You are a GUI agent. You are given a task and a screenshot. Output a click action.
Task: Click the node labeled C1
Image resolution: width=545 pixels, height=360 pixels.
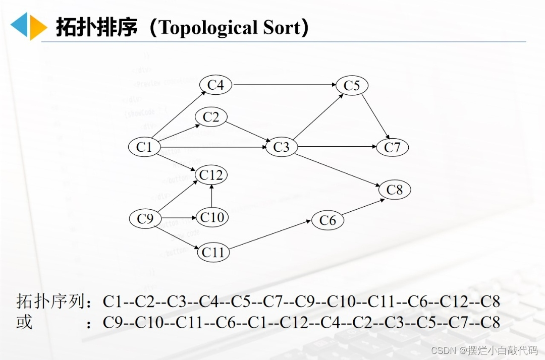point(144,147)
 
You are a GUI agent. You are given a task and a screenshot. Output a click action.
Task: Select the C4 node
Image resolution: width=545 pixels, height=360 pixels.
point(215,85)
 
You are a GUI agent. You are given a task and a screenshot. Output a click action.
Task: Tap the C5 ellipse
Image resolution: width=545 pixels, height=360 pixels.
point(352,86)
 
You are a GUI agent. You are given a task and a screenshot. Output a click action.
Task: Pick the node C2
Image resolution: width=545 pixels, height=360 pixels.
point(211,117)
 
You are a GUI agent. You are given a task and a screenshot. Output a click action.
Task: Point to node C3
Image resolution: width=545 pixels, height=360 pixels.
point(281,147)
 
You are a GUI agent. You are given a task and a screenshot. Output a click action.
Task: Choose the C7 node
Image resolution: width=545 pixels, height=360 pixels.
point(392,147)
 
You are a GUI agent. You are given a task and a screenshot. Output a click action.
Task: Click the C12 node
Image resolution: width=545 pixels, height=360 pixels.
point(211,175)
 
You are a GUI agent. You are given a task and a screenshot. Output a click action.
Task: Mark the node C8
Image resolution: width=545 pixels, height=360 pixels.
point(395,190)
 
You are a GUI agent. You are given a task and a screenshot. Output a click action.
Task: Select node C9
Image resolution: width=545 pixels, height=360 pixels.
point(145,219)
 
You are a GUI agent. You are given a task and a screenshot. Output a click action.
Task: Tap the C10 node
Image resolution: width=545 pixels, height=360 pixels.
point(211,217)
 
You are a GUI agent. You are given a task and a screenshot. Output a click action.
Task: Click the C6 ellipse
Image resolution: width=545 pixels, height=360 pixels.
point(328,220)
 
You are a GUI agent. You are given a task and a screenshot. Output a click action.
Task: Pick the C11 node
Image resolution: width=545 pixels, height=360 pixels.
point(213,252)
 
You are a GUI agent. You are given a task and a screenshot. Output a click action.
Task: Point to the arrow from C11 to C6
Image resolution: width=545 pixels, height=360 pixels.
point(270,236)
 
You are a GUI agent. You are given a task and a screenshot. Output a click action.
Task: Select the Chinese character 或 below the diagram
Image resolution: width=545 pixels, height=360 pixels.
point(24,322)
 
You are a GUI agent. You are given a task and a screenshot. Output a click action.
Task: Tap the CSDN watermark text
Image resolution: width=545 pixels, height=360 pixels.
point(432,350)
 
